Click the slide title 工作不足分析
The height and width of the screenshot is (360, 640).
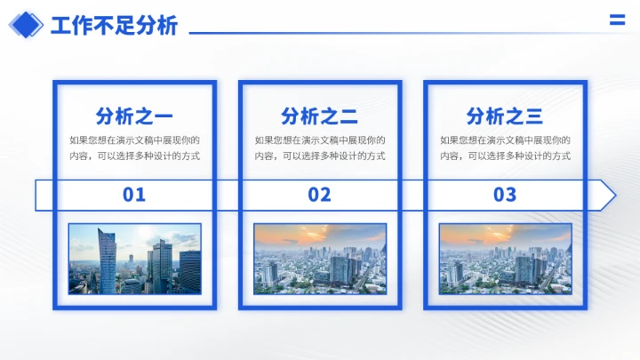pyautogui.click(x=114, y=26)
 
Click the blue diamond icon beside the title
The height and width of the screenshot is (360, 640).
pyautogui.click(x=26, y=25)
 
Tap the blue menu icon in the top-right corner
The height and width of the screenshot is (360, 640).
pyautogui.click(x=617, y=21)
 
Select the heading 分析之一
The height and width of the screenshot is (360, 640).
pyautogui.click(x=134, y=116)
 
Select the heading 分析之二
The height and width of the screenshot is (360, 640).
pyautogui.click(x=319, y=116)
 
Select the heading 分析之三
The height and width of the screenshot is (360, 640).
pyautogui.click(x=505, y=116)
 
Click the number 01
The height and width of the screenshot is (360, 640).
pyautogui.click(x=134, y=195)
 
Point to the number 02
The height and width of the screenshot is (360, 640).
pyautogui.click(x=319, y=195)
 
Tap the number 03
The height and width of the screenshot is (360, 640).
pyautogui.click(x=505, y=195)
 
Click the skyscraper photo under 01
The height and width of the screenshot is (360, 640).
pyautogui.click(x=134, y=259)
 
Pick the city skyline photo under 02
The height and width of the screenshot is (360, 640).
pyautogui.click(x=319, y=259)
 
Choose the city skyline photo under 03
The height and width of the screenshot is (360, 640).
pyautogui.click(x=505, y=259)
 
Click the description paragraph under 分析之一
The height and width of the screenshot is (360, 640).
pyautogui.click(x=134, y=148)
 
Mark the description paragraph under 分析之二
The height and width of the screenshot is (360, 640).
pyautogui.click(x=319, y=148)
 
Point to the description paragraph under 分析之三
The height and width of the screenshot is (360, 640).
pyautogui.click(x=505, y=148)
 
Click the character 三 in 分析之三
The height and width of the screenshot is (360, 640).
pyautogui.click(x=533, y=116)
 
